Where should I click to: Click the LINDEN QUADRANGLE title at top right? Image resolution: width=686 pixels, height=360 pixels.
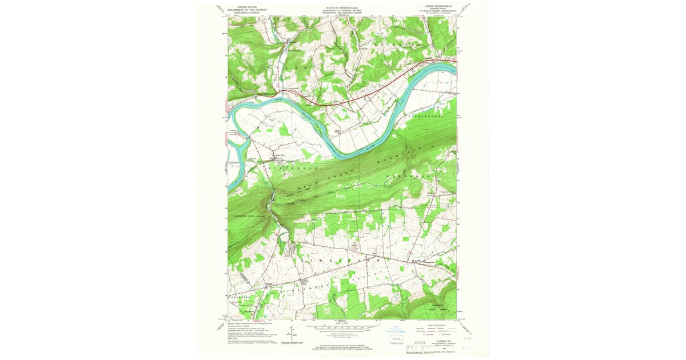pos(438,6)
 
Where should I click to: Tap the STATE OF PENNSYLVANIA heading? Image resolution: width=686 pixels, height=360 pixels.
pos(342,7)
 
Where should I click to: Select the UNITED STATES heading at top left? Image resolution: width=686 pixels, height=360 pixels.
pos(238,6)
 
